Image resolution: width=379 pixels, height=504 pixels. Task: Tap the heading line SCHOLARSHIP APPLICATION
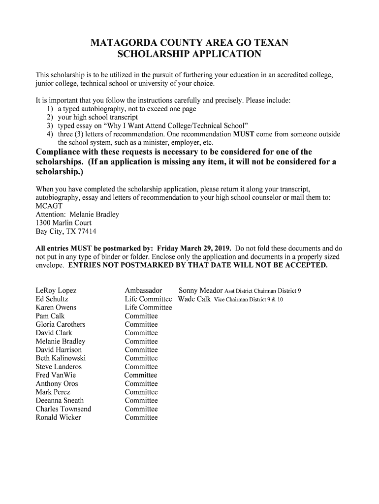click(189, 55)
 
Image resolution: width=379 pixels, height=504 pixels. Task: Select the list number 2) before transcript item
click(50, 117)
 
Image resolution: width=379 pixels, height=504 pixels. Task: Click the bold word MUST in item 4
click(244, 134)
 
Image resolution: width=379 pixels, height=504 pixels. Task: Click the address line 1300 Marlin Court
click(63, 223)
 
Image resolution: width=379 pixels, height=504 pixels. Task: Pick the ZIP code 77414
click(86, 231)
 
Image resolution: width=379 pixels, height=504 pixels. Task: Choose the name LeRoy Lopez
click(56, 291)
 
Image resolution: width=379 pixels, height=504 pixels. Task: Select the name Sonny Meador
click(200, 290)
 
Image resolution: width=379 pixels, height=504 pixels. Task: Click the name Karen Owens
click(56, 308)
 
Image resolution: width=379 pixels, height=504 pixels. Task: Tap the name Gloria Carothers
click(61, 324)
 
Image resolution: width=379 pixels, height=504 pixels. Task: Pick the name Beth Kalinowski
click(61, 358)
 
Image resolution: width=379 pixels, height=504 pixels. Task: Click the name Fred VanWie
click(56, 375)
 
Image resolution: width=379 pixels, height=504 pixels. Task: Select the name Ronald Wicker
click(59, 417)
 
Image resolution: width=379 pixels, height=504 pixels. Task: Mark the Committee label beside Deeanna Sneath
click(141, 401)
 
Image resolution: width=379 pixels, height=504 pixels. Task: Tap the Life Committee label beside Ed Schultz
click(148, 299)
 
